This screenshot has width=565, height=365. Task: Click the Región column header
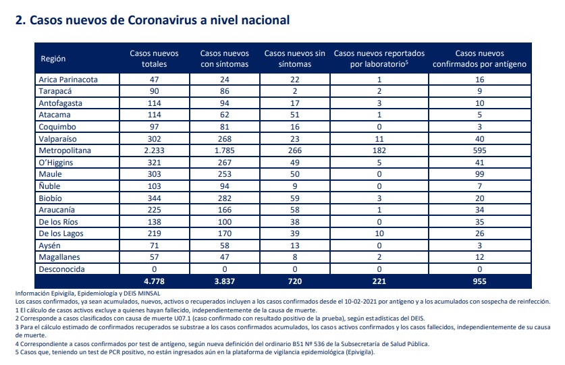coord(53,59)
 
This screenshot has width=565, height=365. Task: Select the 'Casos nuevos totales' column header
coord(154,59)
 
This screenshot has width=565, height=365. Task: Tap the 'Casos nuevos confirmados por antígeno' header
coord(479,59)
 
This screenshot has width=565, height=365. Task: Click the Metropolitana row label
coord(65,150)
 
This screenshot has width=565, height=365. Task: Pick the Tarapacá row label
coord(55,91)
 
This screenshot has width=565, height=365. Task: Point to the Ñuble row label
coord(49,186)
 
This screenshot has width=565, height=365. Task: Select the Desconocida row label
coord(61,269)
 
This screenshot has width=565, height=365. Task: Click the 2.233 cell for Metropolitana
coord(154,150)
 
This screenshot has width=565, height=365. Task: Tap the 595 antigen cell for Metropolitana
coord(479,150)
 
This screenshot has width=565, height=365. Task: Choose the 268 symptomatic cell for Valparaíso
coord(225,139)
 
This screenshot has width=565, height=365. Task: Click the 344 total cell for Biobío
coord(154,198)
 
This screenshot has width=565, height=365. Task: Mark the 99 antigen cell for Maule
coord(479,174)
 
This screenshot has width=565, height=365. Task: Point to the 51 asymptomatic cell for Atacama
coord(295,115)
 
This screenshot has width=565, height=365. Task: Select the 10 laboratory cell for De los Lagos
coord(379,233)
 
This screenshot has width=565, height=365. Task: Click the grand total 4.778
coord(154,281)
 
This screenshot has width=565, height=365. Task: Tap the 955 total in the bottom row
coord(479,281)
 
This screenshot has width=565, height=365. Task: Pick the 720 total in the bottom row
coord(295,281)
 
